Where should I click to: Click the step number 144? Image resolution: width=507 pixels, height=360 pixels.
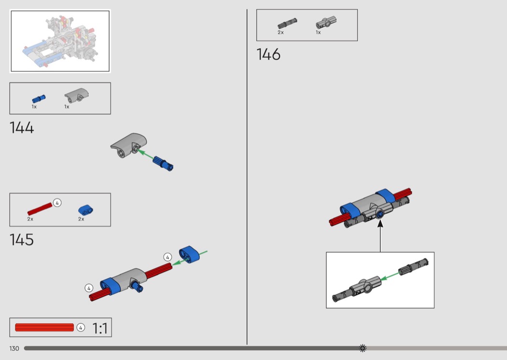[22, 128]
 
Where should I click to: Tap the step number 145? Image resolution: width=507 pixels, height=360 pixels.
[22, 240]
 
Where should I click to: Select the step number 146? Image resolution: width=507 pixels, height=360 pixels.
[268, 55]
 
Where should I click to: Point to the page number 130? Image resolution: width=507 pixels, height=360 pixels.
[14, 348]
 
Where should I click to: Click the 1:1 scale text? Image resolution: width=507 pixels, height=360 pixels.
[100, 328]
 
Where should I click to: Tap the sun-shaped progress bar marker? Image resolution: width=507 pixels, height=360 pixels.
[363, 348]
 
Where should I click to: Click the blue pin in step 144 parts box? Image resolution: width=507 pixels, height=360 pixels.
[39, 99]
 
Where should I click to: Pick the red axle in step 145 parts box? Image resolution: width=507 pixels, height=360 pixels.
[40, 209]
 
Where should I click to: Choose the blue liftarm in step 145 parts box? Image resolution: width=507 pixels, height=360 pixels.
[85, 210]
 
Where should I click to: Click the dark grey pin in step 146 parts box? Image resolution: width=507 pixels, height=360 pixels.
[287, 23]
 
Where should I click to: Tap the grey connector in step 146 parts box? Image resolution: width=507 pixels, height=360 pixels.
[326, 22]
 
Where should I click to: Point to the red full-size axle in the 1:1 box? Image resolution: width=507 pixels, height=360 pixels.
[44, 327]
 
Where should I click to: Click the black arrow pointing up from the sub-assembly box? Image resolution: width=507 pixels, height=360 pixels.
[380, 235]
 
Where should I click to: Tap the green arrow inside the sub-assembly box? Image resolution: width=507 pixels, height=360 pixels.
[390, 277]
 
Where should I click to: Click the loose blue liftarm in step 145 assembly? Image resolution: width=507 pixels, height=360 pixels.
[189, 254]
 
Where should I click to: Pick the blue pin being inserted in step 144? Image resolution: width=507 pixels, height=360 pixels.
[163, 163]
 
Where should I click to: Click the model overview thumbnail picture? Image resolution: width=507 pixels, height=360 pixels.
[60, 41]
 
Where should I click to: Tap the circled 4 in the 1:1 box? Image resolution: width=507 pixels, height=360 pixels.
[81, 327]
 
